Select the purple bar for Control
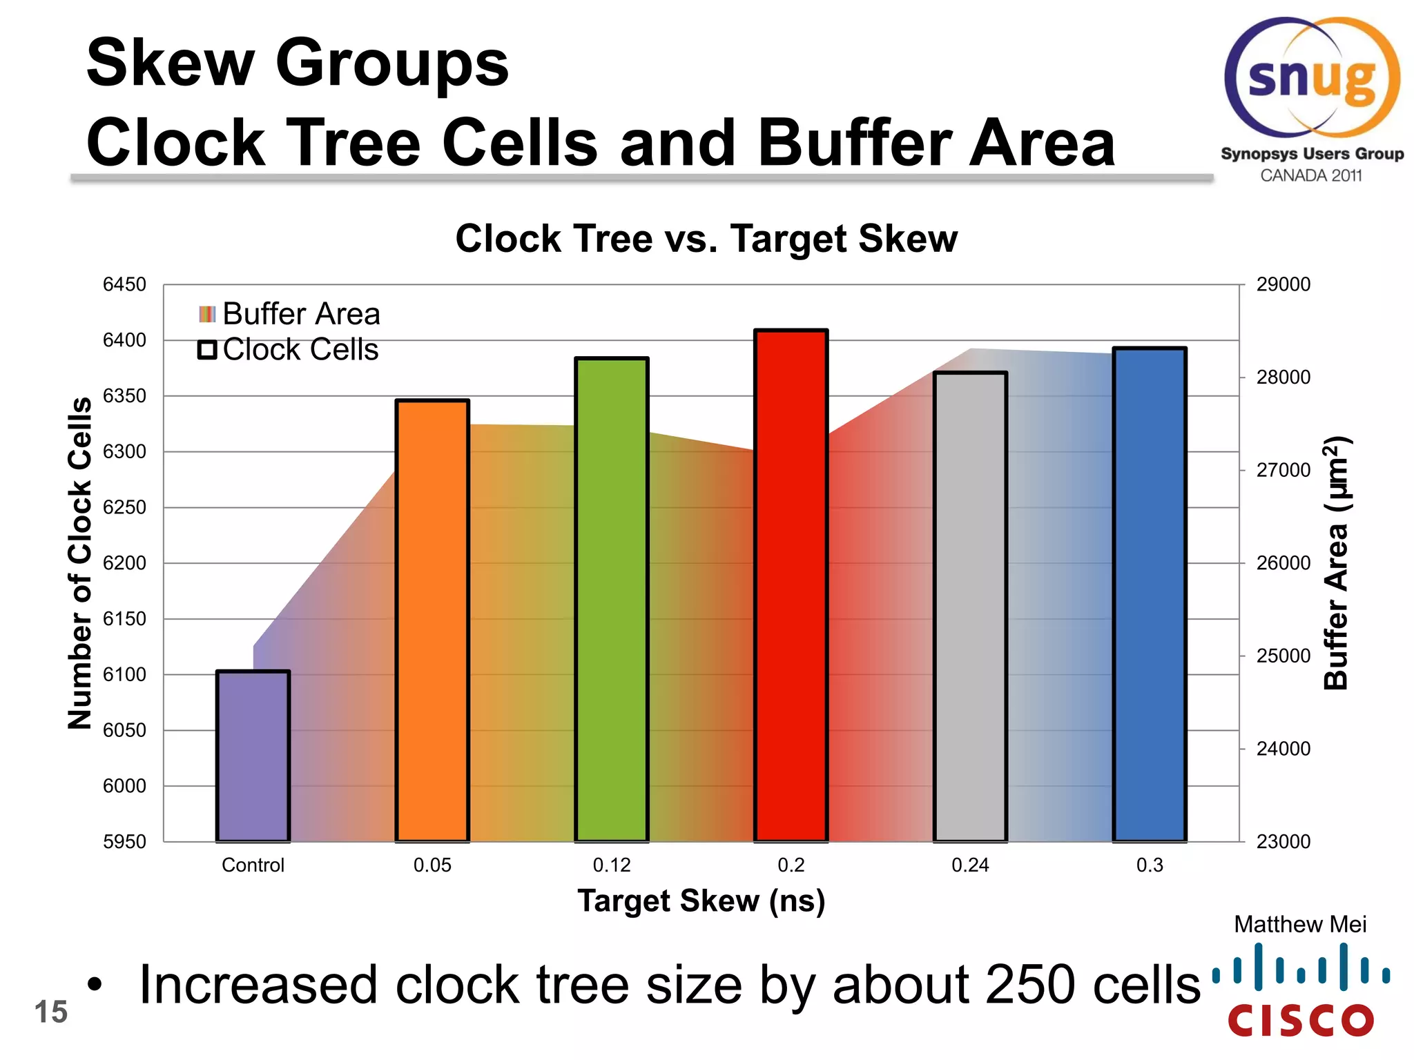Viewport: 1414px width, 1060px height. (253, 756)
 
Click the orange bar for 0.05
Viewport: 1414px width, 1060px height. (432, 621)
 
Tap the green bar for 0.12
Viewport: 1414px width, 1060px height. (612, 600)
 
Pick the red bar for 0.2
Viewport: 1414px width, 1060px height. (791, 587)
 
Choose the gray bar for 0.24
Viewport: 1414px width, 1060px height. (970, 607)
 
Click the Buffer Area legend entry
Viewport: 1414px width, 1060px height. (290, 314)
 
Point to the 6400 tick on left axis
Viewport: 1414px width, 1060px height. (124, 340)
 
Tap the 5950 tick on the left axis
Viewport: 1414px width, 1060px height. (124, 841)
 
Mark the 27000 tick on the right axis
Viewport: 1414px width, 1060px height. (1283, 470)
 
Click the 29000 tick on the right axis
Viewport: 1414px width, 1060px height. (1283, 284)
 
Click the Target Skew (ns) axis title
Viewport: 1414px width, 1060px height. (701, 901)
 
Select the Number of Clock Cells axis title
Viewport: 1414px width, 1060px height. (80, 562)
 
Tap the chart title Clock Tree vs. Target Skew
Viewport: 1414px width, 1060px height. (706, 239)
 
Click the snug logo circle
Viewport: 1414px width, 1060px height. (1312, 77)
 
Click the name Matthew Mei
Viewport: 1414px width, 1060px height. (1300, 924)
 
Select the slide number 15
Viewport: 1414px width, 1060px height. (50, 1012)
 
